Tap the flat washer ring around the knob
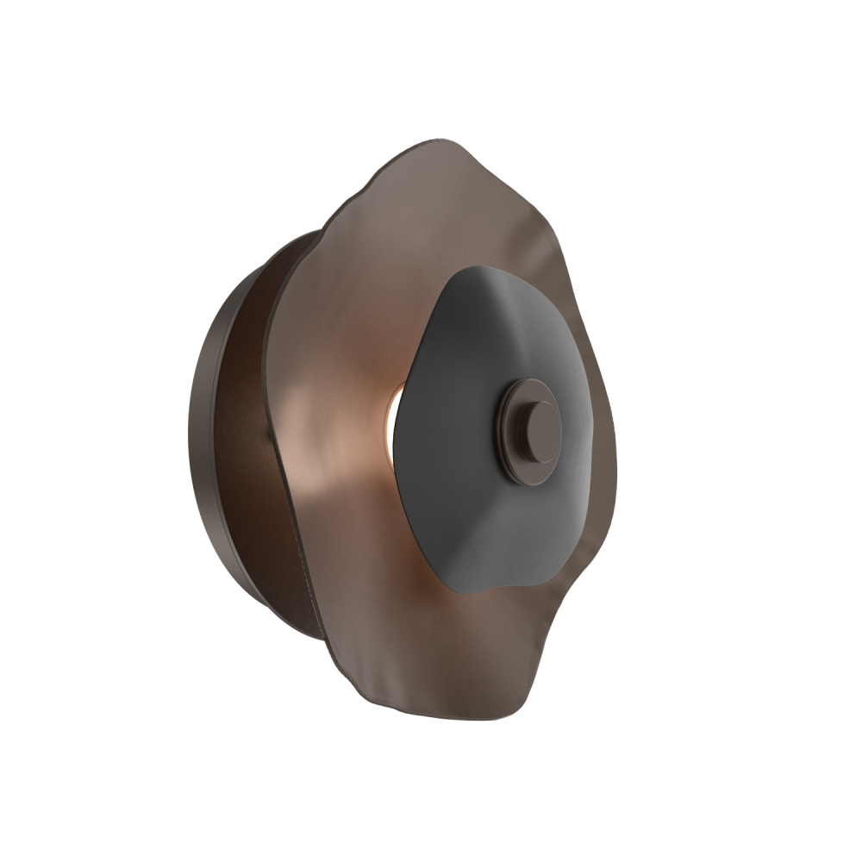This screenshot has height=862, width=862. pyautogui.click(x=515, y=457)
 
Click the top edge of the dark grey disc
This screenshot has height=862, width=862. pyautogui.click(x=483, y=269)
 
